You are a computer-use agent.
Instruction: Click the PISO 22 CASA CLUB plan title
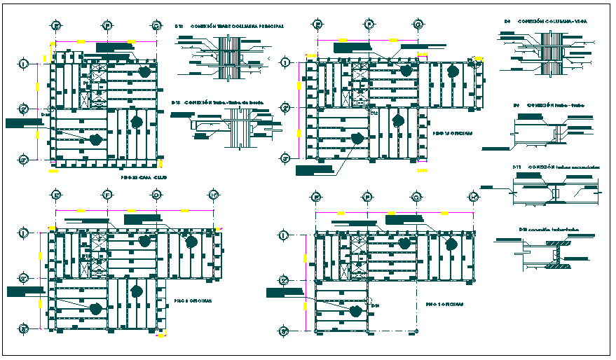139,179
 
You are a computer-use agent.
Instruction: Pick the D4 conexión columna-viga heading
546,22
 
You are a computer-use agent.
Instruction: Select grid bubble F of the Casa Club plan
107,26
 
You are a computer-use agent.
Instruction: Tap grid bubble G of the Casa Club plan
156,26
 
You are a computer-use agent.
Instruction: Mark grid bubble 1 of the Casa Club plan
24,64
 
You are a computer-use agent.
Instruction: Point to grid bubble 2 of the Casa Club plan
24,109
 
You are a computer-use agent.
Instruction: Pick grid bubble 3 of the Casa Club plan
24,160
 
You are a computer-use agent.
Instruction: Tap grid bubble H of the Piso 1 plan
474,197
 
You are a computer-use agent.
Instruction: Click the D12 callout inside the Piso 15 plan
374,112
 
